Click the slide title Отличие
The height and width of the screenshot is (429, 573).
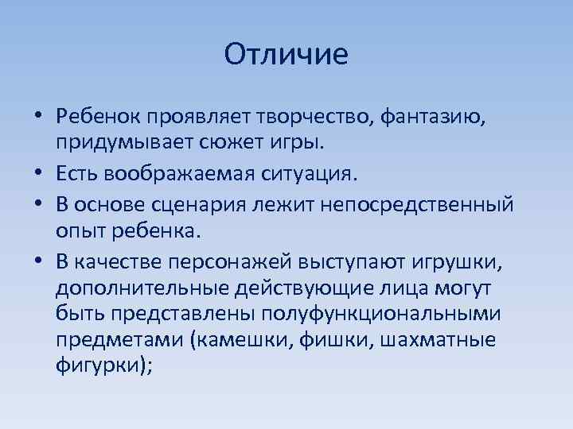[x=286, y=55]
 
